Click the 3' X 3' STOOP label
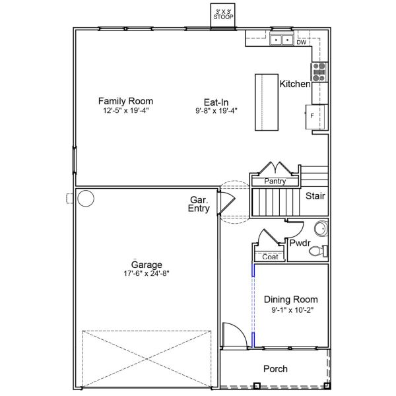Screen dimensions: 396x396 [223, 15]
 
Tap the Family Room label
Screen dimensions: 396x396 [126, 101]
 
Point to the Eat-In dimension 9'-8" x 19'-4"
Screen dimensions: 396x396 [216, 111]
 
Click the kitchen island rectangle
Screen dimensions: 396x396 [267, 102]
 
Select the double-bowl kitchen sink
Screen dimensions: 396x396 [282, 40]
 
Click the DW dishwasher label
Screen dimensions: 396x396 [302, 42]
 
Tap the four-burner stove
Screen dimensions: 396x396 [319, 72]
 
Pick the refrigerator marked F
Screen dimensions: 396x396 [315, 117]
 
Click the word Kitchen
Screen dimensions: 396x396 [295, 84]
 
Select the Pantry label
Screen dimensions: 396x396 [275, 181]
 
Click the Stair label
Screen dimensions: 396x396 [315, 196]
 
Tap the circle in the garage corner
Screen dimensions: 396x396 [86, 199]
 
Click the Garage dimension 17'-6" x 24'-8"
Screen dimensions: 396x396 [147, 273]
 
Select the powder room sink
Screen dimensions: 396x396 [321, 228]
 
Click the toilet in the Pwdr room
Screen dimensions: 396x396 [318, 251]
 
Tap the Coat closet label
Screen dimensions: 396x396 [270, 257]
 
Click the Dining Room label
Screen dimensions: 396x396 [291, 300]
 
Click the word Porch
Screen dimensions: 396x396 [275, 369]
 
